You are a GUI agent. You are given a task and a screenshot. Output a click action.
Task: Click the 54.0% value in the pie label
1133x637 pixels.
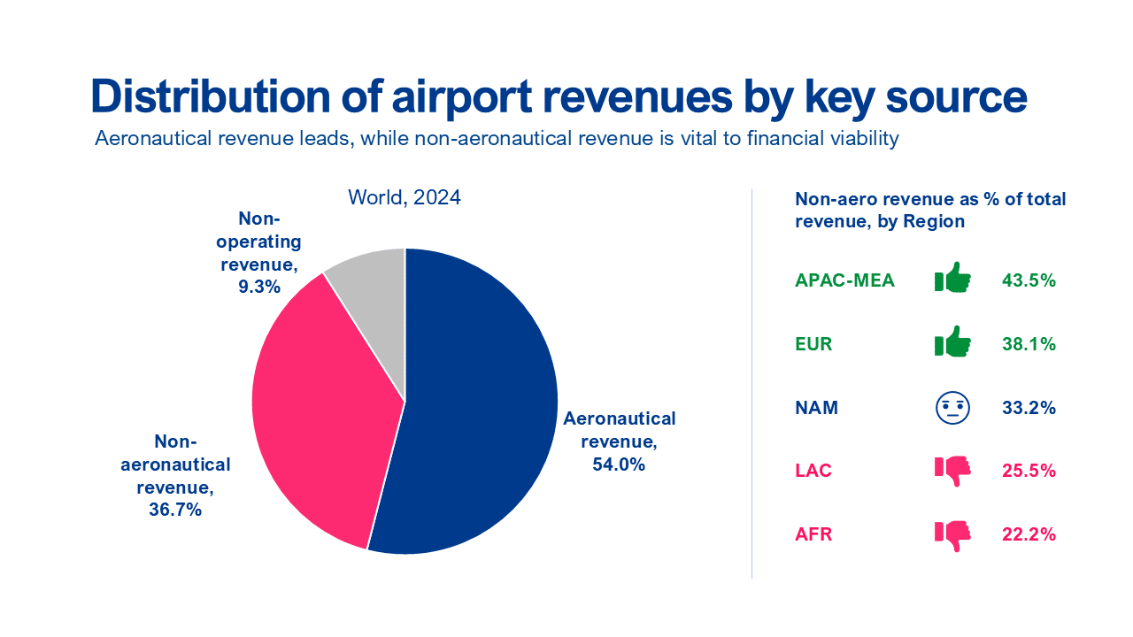619,464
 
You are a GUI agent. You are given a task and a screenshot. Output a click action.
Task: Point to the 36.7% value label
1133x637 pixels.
175,510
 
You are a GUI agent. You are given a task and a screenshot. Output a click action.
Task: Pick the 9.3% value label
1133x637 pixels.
258,286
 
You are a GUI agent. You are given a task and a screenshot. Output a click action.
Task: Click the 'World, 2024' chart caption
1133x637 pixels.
405,197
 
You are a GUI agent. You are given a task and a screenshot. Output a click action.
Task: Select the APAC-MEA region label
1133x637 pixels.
844,280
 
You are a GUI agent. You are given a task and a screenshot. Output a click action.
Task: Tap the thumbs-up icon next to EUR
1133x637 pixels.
952,343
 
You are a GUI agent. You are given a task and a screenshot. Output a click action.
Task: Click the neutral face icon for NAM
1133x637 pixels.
952,408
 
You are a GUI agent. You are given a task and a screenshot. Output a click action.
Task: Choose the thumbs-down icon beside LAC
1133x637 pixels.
952,471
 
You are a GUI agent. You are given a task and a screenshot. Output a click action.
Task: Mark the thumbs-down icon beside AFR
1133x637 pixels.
952,534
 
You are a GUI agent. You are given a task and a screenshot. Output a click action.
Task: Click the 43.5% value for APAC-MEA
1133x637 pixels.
1029,280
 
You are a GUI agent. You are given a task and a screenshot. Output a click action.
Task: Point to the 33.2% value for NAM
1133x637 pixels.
1029,408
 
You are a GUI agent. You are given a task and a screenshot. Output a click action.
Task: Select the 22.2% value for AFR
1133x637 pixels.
1029,534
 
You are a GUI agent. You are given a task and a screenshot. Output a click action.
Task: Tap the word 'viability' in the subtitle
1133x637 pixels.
866,140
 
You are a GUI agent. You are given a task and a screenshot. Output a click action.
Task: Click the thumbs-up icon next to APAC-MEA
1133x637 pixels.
952,280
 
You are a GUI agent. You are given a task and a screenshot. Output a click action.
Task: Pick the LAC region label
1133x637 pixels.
813,471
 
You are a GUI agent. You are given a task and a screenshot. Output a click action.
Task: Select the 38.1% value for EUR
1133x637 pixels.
1029,344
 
